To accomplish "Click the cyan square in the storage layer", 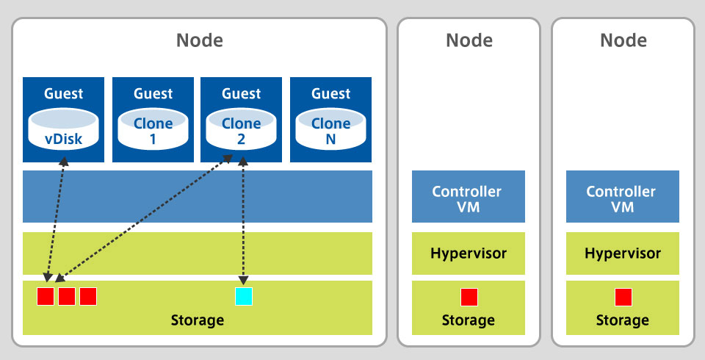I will tap(243, 296).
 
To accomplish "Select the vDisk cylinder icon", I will tap(62, 128).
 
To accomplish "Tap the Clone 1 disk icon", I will tap(153, 128).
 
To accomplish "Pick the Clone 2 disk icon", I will tap(242, 128).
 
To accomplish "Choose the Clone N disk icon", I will tap(330, 128).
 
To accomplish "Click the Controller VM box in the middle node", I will tap(468, 196).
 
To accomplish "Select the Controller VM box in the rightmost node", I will tap(622, 196).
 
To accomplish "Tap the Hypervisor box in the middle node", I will tap(468, 253).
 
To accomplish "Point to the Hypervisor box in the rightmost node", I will tap(622, 253).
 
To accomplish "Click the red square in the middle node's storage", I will tap(469, 297).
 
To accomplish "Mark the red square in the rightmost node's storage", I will tap(623, 297).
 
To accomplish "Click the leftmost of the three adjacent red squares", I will tap(46, 296).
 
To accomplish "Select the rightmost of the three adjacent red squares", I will tap(88, 296).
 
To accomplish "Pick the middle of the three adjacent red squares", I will tap(67, 296).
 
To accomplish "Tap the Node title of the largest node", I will tap(199, 40).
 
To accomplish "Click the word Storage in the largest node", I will tap(197, 320).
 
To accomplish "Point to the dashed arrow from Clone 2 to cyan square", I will tap(242, 220).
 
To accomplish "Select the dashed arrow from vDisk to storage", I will tap(56, 220).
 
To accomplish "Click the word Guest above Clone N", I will tap(330, 93).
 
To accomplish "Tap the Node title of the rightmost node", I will tap(623, 40).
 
